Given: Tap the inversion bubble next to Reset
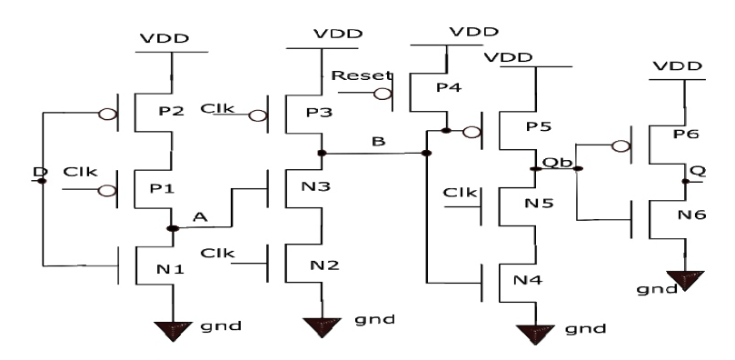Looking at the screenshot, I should (x=384, y=94).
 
